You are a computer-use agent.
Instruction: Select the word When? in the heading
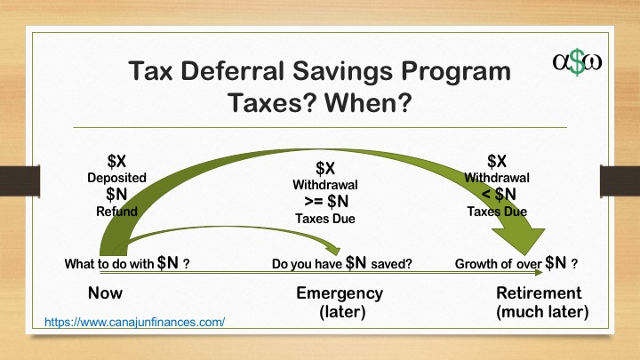click(x=369, y=102)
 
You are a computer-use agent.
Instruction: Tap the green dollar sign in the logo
click(x=577, y=62)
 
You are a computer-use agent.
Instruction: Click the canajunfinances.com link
click(x=134, y=322)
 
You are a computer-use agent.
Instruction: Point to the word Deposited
click(x=116, y=178)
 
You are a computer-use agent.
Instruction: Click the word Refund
click(x=116, y=212)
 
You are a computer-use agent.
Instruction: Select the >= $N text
click(x=326, y=201)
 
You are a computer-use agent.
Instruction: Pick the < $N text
click(x=499, y=195)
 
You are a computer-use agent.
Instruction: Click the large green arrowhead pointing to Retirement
click(x=519, y=240)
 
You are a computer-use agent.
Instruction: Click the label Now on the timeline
click(x=105, y=293)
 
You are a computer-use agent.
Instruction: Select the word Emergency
click(x=340, y=293)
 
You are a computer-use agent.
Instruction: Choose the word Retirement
click(x=539, y=293)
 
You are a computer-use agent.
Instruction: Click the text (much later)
click(x=542, y=312)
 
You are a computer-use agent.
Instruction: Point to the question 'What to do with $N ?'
click(x=127, y=263)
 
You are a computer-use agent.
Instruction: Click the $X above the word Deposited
click(x=116, y=161)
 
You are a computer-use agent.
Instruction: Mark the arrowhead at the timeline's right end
click(x=539, y=272)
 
